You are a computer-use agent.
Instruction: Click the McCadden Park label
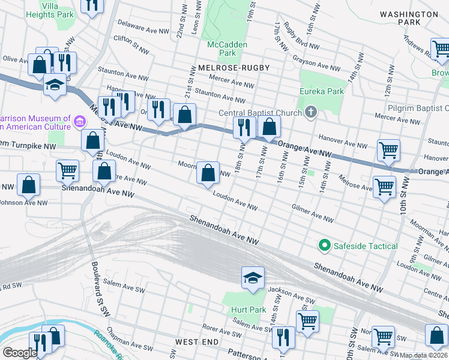(x=221, y=49)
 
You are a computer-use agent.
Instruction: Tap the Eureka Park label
(x=322, y=91)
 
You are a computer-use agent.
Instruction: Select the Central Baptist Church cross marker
(x=311, y=112)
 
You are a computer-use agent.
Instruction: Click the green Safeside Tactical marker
(x=325, y=245)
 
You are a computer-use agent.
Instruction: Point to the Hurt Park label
(x=243, y=310)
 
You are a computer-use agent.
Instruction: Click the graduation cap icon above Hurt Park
(x=253, y=277)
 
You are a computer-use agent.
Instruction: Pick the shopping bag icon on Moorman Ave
(x=208, y=173)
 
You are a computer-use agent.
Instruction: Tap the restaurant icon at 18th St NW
(x=244, y=127)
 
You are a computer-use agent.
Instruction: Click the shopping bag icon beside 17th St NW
(x=270, y=127)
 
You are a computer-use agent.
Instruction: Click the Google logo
(x=20, y=353)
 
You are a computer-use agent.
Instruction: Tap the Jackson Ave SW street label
(x=291, y=294)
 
